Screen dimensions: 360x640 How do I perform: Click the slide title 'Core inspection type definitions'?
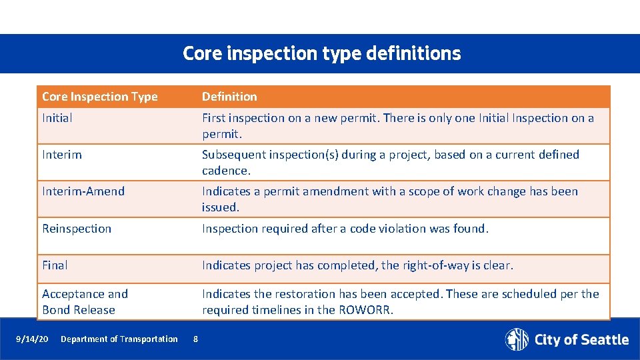(321, 53)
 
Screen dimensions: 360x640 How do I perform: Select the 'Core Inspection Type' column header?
(100, 97)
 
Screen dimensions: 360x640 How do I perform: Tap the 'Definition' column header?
(229, 97)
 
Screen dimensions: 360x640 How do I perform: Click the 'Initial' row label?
(57, 118)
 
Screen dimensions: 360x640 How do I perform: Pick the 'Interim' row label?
(62, 155)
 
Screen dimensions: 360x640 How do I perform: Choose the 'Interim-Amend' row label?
(83, 191)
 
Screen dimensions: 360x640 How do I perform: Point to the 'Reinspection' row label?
(77, 229)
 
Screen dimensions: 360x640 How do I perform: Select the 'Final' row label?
(55, 265)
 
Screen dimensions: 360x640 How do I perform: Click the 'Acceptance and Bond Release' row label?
(85, 302)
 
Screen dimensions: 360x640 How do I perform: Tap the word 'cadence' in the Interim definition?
(225, 171)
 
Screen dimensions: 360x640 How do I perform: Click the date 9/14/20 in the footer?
(32, 339)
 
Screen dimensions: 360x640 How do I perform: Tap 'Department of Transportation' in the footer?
(119, 339)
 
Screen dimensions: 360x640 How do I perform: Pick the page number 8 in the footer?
(195, 339)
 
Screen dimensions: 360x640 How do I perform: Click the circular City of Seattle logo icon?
(517, 339)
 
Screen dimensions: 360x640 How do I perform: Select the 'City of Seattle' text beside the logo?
(581, 340)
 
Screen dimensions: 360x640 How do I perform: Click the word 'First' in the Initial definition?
(215, 118)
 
